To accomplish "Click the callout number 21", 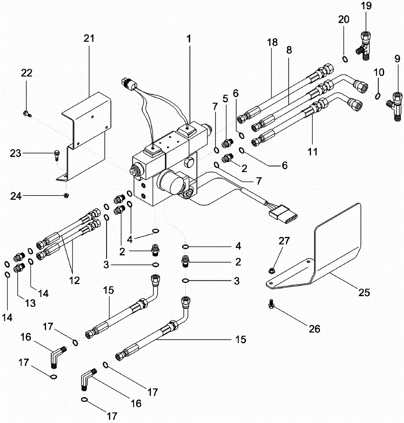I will (89, 38).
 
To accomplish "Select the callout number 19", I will (366, 6).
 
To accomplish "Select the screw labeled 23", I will (57, 155).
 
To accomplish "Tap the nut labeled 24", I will (66, 195).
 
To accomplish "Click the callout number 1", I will (189, 38).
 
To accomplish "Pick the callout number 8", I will (289, 50).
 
